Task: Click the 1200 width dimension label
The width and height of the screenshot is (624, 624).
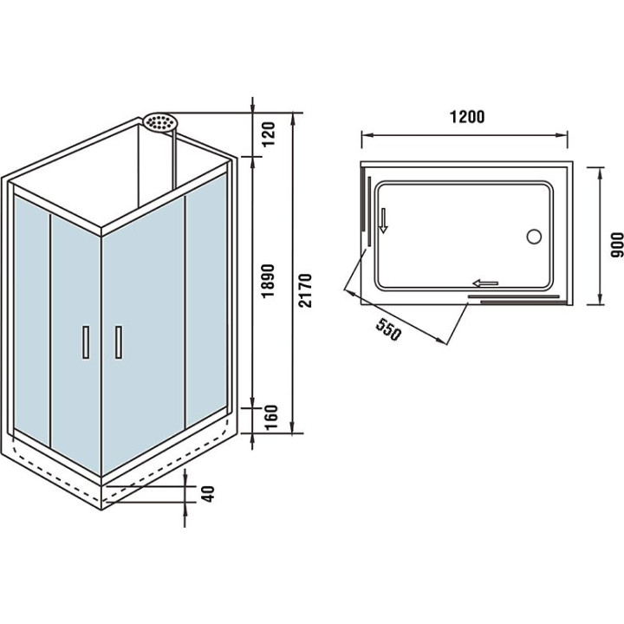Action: tap(467, 117)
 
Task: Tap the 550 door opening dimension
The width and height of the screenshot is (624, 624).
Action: tap(387, 329)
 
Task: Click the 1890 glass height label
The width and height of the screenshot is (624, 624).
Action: tap(269, 280)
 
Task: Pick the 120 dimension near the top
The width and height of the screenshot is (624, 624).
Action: tap(269, 134)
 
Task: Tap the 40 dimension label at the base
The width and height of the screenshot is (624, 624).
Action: tap(208, 494)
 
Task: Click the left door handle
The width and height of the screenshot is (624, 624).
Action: tap(86, 341)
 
